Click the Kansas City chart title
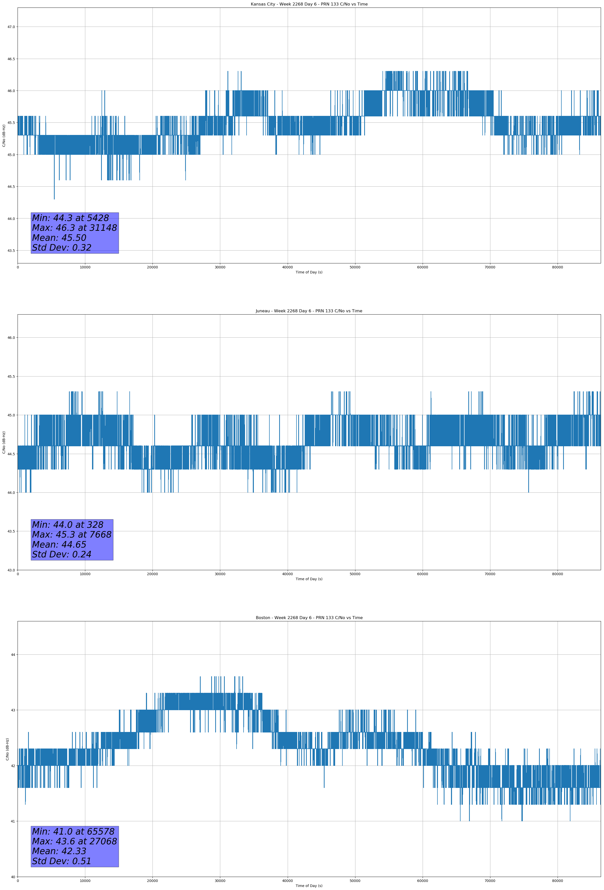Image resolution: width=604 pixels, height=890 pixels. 309,4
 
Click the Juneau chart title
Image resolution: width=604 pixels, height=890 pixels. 309,311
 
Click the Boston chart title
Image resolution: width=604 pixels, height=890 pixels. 309,618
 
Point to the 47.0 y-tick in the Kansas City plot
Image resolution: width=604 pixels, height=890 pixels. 11,27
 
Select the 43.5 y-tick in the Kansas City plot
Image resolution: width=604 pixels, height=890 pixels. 11,250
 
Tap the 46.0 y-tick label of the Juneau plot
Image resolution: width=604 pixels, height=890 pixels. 11,338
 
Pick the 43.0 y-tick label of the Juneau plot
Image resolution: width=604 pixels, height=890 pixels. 11,570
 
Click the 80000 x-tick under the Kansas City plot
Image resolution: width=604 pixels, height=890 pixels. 557,267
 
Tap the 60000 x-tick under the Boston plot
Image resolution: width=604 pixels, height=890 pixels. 422,881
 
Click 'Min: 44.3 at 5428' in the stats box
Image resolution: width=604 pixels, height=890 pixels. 70,218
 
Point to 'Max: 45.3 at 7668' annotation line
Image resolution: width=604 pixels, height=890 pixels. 72,535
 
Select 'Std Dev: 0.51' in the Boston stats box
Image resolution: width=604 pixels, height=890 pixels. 62,861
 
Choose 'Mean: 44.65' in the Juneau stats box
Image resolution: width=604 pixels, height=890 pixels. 59,545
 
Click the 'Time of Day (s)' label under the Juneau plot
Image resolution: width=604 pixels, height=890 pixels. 309,579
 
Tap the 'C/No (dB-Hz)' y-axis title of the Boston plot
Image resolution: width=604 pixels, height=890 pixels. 7,749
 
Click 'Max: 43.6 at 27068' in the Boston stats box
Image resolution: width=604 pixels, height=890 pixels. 74,841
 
